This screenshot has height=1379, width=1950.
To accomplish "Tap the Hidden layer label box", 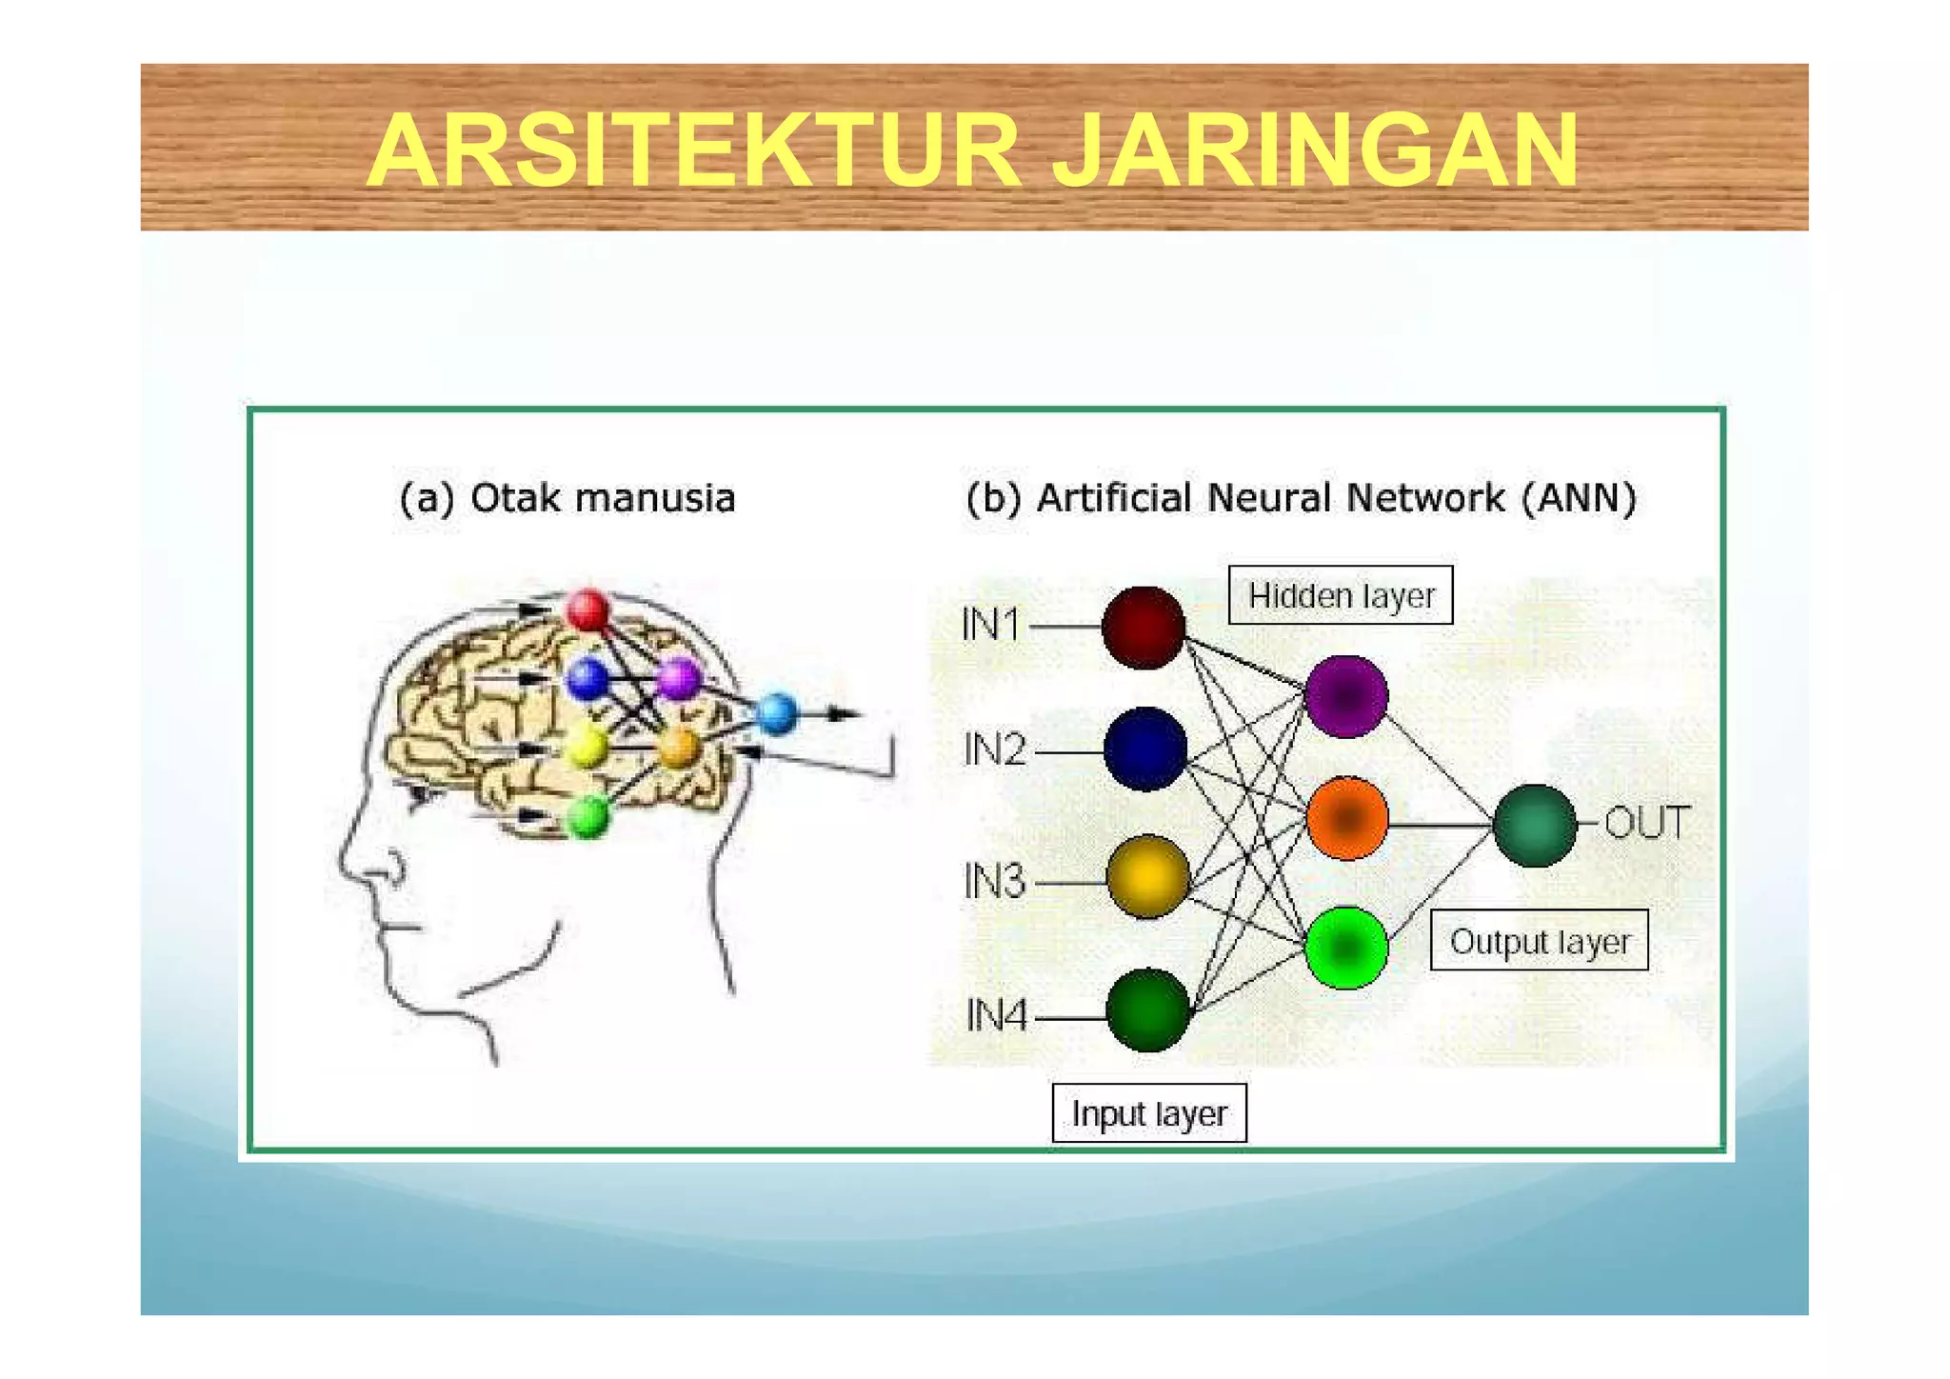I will click(x=1341, y=595).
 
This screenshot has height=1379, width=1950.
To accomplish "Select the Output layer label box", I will click(x=1539, y=941).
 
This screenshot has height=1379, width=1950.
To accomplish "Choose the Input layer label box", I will click(x=1148, y=1112).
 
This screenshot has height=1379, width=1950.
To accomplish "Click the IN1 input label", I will click(x=990, y=626).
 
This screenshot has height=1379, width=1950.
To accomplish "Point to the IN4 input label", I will click(x=996, y=1016).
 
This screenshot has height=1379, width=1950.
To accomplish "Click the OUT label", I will click(x=1647, y=823).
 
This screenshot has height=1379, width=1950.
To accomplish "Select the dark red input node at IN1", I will click(x=1144, y=628).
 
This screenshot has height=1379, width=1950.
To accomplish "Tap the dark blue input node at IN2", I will click(x=1145, y=749).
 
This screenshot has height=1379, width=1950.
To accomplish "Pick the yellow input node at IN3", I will click(x=1147, y=876).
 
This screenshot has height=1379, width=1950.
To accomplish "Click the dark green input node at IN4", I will click(x=1147, y=1010).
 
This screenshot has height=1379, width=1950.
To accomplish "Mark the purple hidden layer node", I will click(x=1345, y=696).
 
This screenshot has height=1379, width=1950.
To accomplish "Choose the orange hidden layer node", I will click(x=1346, y=818).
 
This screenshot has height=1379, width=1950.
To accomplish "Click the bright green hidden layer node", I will click(x=1345, y=948).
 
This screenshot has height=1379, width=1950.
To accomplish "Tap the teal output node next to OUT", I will click(x=1534, y=825).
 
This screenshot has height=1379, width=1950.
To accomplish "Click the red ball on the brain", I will click(x=587, y=610).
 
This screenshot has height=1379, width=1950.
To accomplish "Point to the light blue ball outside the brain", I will click(x=776, y=713).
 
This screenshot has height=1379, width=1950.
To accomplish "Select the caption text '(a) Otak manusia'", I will click(x=567, y=498).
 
